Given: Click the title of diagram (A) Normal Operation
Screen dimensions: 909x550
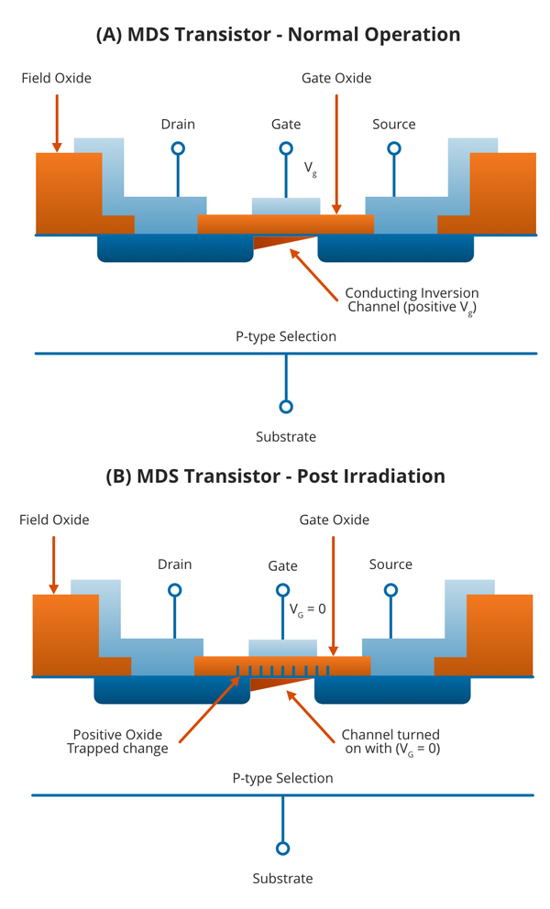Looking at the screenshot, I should point(278,35).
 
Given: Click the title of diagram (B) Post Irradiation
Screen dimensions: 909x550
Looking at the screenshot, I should point(275,476).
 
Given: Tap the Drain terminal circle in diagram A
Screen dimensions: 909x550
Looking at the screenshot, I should point(178,148).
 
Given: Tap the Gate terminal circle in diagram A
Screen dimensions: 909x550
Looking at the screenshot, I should point(286,148).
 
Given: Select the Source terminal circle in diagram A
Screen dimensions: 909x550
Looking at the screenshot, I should point(394,148).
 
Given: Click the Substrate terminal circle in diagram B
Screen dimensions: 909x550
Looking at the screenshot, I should point(282,849).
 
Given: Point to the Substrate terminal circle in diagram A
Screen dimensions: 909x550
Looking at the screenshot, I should point(286,407).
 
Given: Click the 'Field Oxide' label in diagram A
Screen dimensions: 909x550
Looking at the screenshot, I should point(56,78).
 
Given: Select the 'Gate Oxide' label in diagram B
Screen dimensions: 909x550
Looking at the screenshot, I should point(335,520).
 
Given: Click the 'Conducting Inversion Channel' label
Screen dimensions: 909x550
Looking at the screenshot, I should point(412,301).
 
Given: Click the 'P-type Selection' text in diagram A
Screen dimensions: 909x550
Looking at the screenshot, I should point(286,336).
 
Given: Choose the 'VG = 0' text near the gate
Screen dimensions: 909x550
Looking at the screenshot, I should point(308,608).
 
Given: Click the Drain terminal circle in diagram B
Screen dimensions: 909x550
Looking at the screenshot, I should point(174,590).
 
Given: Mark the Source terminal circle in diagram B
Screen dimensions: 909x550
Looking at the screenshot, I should point(390,590).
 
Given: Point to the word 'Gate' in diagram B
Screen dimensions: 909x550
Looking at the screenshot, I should point(282,566).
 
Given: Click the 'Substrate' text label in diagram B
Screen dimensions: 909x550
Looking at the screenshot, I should point(282,879).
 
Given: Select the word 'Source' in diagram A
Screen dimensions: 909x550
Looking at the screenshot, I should point(394,124).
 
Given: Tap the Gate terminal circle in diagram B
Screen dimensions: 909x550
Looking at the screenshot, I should point(282,590).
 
